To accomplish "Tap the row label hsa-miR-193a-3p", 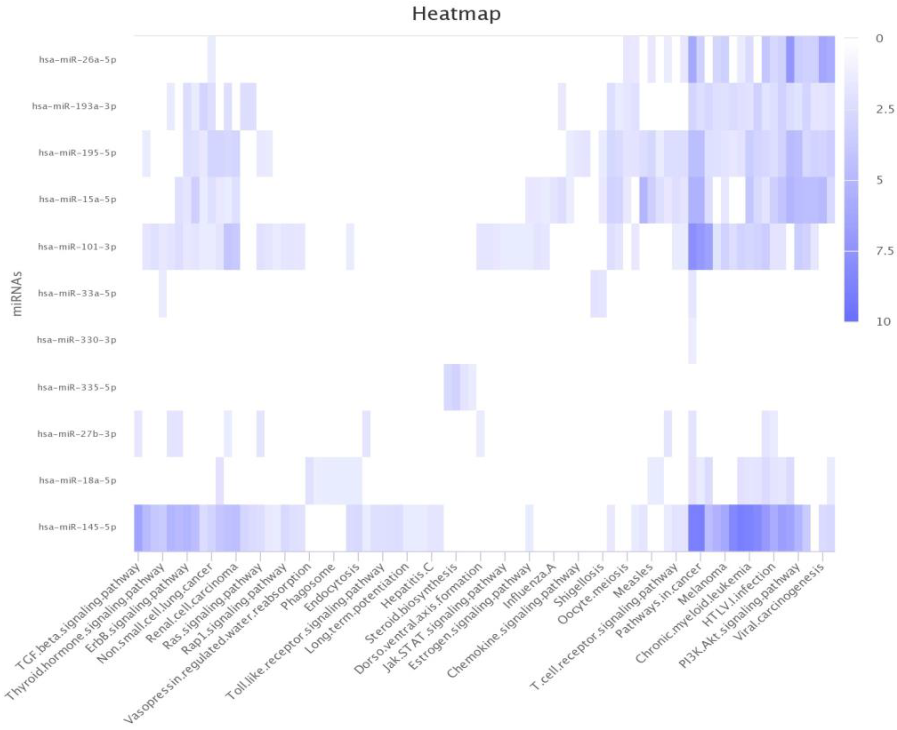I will coord(74,106).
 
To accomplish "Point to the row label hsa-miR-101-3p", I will coord(77,247).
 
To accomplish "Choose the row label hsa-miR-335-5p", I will coord(77,387).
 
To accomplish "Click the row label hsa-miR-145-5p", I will coord(77,527).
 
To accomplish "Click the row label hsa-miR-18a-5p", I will coord(77,480).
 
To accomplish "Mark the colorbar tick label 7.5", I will coord(884,251).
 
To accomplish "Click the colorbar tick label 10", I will coord(883,322).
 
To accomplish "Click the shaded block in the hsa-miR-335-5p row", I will coord(460,387).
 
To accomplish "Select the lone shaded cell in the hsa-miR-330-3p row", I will coord(692,340).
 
